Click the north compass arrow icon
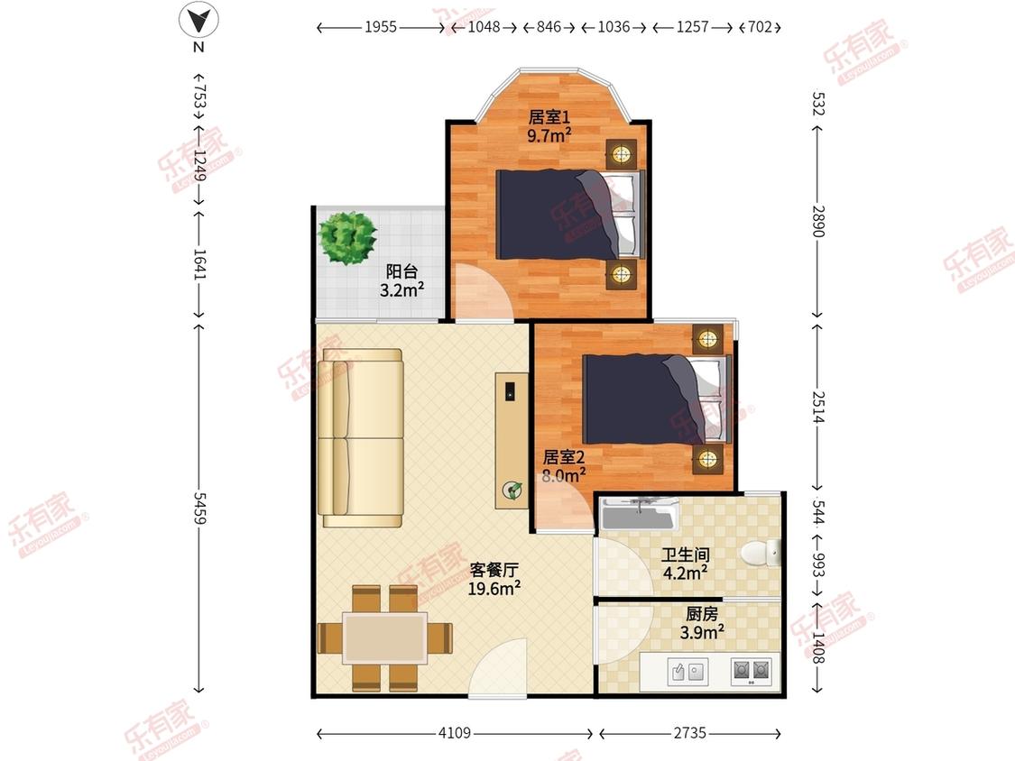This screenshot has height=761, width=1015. coord(198,21)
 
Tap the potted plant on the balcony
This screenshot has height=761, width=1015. coord(347,237)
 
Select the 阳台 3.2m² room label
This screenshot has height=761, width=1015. coord(401,280)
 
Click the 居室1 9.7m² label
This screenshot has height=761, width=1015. coord(549,125)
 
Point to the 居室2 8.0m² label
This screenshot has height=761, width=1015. coord(563,466)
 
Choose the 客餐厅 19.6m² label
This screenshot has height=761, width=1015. coord(494,579)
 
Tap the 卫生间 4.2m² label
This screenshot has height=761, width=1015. coord(685,564)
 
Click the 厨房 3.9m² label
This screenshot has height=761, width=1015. coord(702,622)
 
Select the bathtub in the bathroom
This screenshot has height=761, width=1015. coord(640,514)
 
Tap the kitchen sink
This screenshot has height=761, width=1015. coord(687,672)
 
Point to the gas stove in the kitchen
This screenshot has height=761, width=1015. coord(751,671)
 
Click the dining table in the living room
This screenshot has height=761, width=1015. coord(385,638)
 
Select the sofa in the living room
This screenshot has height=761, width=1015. coord(361,438)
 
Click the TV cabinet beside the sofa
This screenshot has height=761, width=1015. coord(512,440)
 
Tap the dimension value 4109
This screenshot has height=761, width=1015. coord(455,732)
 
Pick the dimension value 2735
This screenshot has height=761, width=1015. coord(689,732)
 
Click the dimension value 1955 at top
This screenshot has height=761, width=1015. coord(381,26)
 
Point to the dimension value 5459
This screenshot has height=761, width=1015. coord(199,509)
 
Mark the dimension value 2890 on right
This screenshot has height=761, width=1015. coord(818,221)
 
